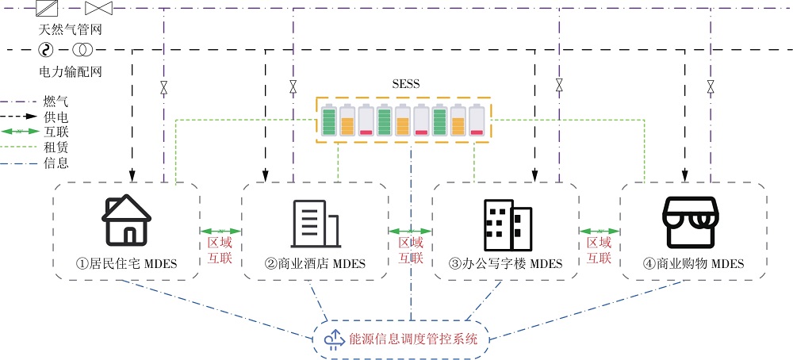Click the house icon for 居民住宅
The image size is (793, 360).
tap(127, 220)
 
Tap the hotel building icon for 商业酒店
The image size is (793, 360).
tap(316, 221)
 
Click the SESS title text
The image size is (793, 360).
tap(405, 84)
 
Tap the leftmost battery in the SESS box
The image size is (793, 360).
tap(329, 120)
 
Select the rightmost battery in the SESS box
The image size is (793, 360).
tap(477, 120)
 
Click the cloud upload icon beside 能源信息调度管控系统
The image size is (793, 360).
tap(333, 339)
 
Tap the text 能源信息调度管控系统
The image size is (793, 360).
tap(412, 339)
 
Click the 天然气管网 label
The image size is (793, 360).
tap(71, 29)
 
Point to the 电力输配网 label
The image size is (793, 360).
tap(71, 71)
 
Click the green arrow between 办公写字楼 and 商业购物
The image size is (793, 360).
tap(600, 231)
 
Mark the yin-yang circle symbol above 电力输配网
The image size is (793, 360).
tap(46, 51)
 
